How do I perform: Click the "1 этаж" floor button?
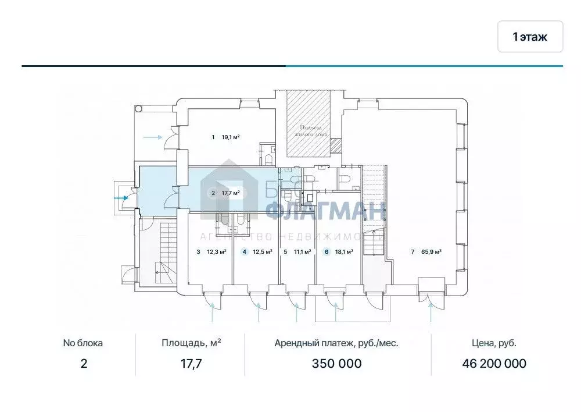click(x=530, y=37)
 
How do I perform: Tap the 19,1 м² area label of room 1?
click(x=231, y=137)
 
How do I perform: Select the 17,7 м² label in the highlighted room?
click(x=231, y=193)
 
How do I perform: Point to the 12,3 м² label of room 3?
click(x=216, y=252)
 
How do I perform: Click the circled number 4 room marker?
click(x=245, y=252)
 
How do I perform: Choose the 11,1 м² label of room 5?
click(x=302, y=252)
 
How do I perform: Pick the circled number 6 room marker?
click(x=327, y=252)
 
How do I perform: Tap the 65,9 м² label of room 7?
click(x=431, y=252)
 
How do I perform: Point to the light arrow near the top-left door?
click(x=152, y=137)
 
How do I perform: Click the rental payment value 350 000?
click(x=336, y=364)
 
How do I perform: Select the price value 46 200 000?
click(x=494, y=364)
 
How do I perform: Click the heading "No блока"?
click(x=83, y=343)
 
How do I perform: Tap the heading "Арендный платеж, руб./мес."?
click(x=336, y=343)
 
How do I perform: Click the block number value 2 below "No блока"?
click(x=83, y=364)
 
